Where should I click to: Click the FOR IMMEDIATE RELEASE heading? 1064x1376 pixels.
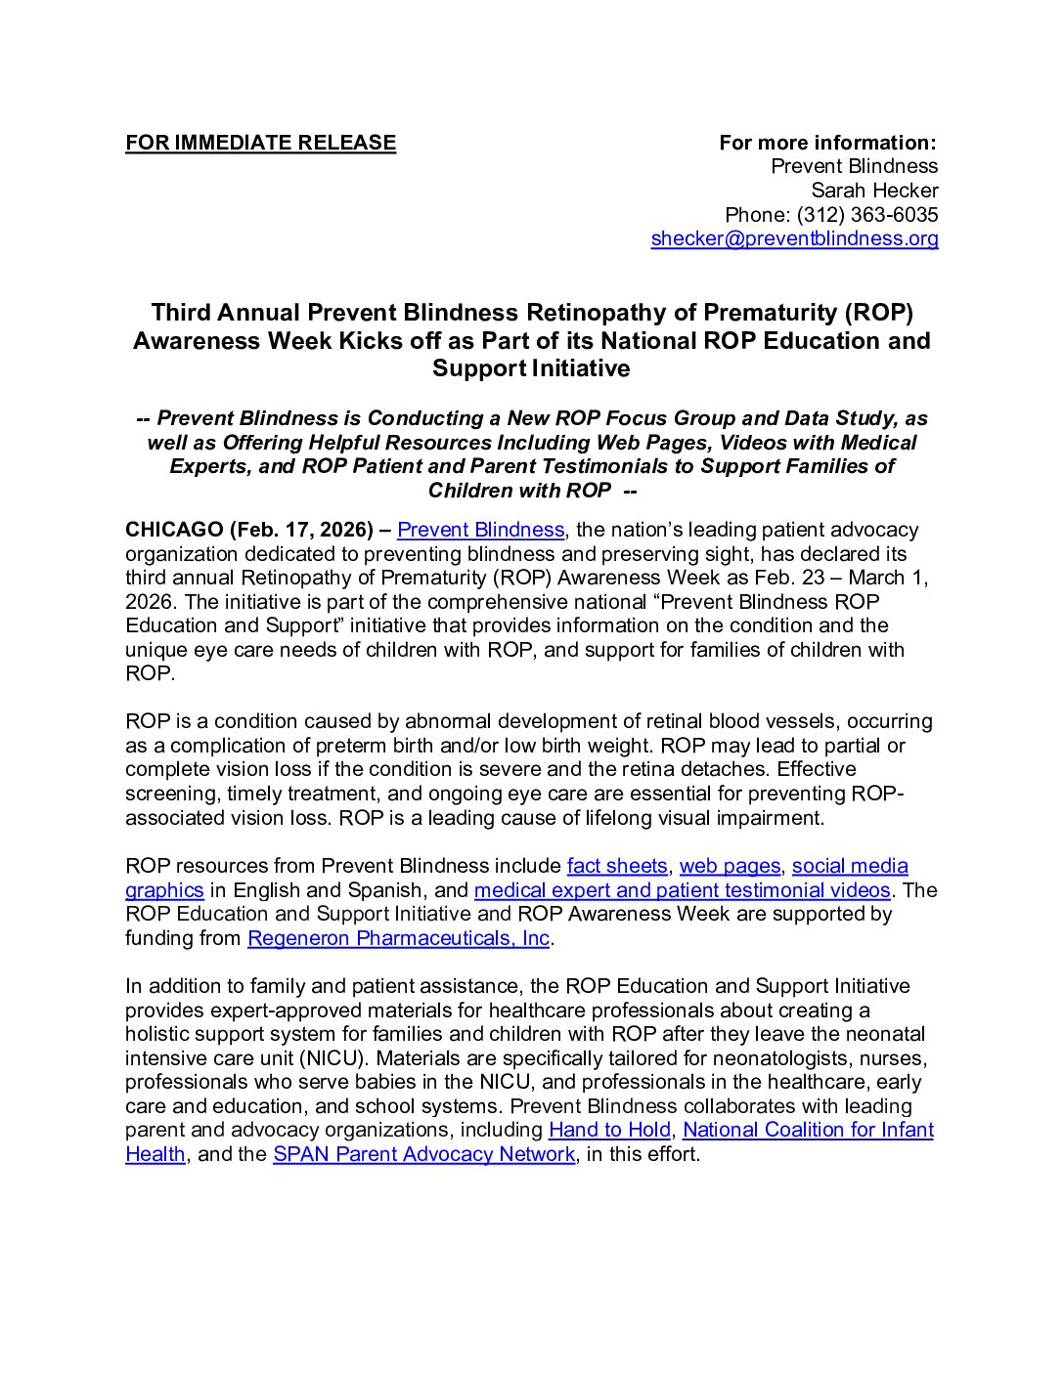click(x=260, y=143)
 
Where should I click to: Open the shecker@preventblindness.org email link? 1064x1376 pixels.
click(x=794, y=238)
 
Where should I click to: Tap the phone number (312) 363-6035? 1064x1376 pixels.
click(x=866, y=215)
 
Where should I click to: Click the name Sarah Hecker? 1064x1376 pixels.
click(x=874, y=191)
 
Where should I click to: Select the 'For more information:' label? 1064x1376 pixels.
click(x=827, y=143)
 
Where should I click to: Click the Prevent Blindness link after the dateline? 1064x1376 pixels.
click(x=480, y=530)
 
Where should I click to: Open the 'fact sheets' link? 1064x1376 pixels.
click(x=616, y=866)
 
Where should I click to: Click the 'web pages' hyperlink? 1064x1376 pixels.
click(x=730, y=866)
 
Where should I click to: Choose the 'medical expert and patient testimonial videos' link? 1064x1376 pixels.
click(x=682, y=890)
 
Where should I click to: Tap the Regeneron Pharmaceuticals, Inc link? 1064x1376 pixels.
click(x=398, y=938)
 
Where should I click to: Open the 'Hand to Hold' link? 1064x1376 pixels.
click(x=609, y=1130)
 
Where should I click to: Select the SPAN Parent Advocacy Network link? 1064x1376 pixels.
click(x=423, y=1154)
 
